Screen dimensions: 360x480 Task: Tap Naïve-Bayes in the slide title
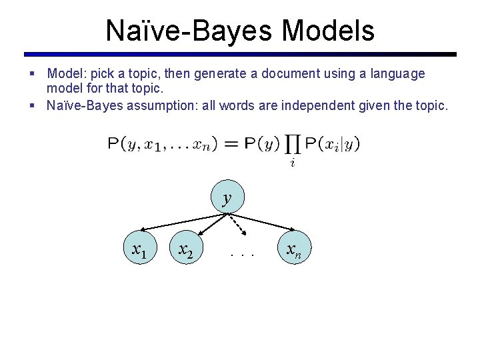[189, 30]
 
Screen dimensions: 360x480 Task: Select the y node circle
[227, 197]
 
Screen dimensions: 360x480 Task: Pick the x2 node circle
[186, 250]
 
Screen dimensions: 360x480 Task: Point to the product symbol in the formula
[292, 145]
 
